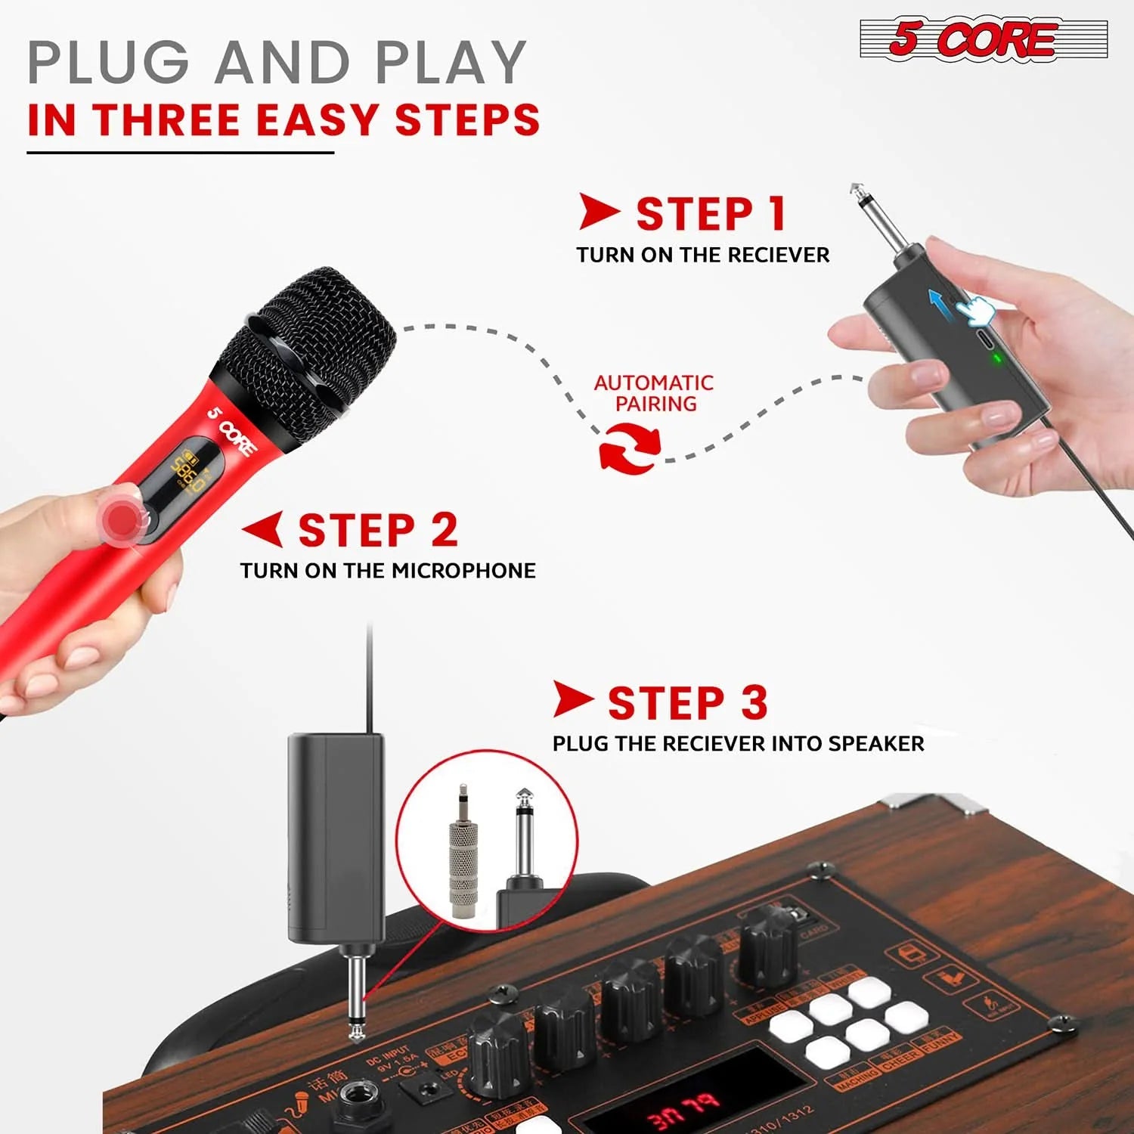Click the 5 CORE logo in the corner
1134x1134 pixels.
tap(983, 39)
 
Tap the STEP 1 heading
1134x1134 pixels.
tap(711, 214)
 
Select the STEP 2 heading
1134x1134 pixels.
tap(378, 530)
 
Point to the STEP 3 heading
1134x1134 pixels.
tap(687, 703)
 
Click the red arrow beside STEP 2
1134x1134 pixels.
tap(264, 528)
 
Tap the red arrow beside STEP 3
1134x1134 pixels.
tap(572, 699)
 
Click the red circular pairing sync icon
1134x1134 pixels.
tap(629, 448)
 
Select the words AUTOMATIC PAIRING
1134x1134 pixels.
tap(654, 393)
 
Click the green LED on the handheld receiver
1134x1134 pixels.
tap(997, 358)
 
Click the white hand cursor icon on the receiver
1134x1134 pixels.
tap(973, 310)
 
